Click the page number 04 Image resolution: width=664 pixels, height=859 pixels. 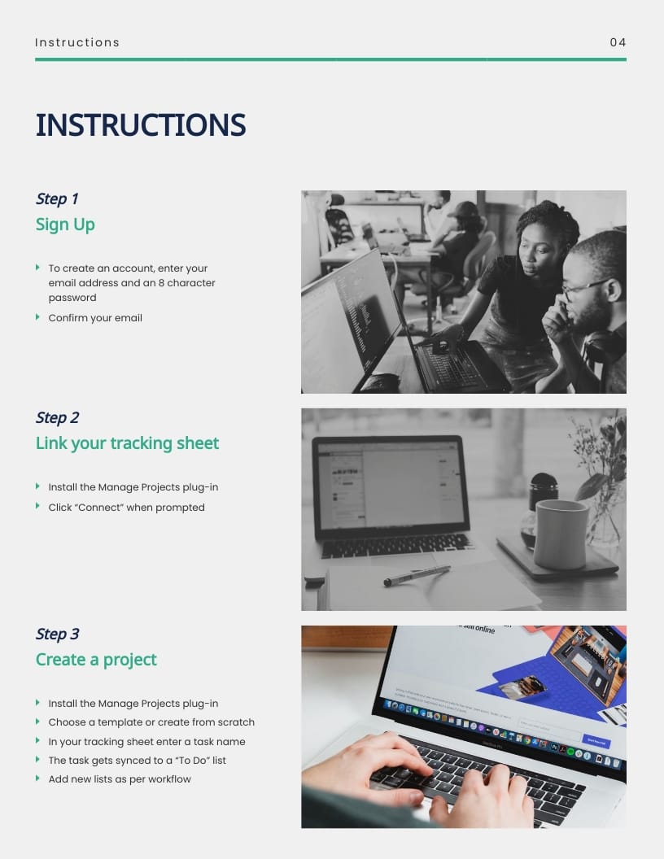pos(618,42)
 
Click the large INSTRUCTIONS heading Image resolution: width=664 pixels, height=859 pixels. pos(141,125)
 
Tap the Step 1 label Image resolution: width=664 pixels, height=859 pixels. pos(57,198)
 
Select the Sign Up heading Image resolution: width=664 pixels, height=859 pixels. pos(65,225)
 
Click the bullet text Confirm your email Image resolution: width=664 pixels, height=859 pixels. pos(95,318)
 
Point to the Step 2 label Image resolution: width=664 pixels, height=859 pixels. pos(57,417)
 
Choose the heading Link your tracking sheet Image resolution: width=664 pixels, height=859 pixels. pos(127,443)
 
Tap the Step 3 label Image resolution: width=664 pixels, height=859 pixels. pos(57,634)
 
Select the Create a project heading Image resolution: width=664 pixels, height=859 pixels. pos(96,660)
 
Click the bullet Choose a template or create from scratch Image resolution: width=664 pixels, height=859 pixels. pos(151,722)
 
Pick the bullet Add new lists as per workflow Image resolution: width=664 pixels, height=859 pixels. pos(120,779)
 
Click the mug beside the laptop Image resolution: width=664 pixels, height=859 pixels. pos(561,533)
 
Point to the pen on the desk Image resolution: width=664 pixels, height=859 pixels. pos(416,575)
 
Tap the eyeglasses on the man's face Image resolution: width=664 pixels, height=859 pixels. pos(584,286)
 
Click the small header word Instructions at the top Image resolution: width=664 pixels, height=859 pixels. pos(77,42)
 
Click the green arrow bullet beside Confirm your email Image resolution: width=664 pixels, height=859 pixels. pos(37,317)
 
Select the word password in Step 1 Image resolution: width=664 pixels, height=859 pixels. pos(72,298)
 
